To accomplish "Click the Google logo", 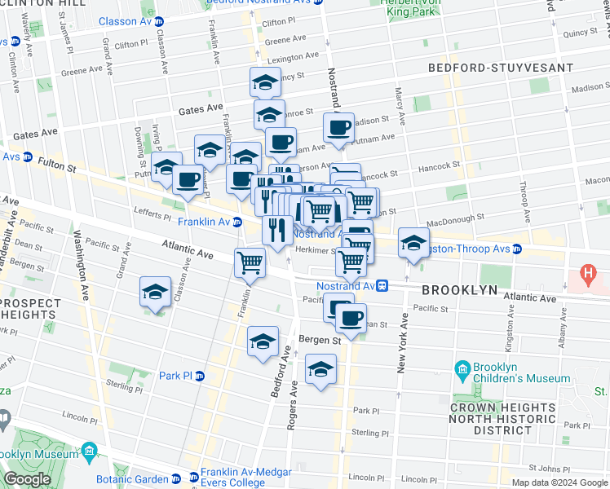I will (27, 479).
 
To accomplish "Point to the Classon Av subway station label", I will (132, 21).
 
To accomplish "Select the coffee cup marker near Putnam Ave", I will (338, 127).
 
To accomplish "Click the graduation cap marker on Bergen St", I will (263, 341).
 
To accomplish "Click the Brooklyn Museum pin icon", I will (91, 451).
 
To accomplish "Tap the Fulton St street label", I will (59, 167).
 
